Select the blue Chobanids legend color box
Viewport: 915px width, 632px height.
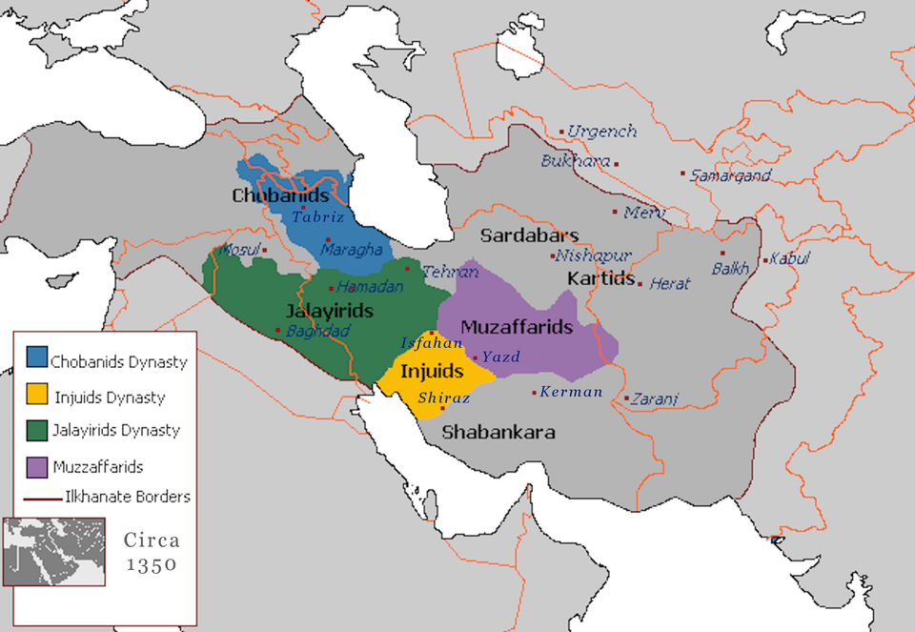36,360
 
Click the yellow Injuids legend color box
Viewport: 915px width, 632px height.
36,395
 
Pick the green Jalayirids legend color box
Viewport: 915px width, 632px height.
36,429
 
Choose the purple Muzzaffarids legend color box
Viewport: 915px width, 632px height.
36,466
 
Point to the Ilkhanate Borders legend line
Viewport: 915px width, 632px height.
42,497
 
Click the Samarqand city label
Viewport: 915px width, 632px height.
731,176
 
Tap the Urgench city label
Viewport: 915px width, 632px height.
602,132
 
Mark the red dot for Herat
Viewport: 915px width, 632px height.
640,284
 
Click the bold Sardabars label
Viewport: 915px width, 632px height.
529,235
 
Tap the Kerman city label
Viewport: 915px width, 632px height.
571,392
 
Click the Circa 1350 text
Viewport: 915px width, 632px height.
151,552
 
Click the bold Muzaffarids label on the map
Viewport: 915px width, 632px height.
517,327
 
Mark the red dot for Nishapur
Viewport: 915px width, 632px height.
552,255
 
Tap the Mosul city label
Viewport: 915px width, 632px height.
239,250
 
